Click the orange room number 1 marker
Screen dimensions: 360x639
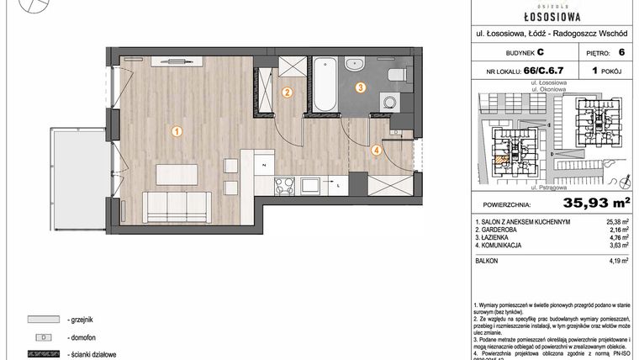click(177, 130)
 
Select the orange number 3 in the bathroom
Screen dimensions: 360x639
click(359, 87)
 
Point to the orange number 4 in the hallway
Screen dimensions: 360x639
click(377, 151)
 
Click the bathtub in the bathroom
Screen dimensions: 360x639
click(325, 83)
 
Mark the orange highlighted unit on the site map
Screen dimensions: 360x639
click(502, 158)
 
